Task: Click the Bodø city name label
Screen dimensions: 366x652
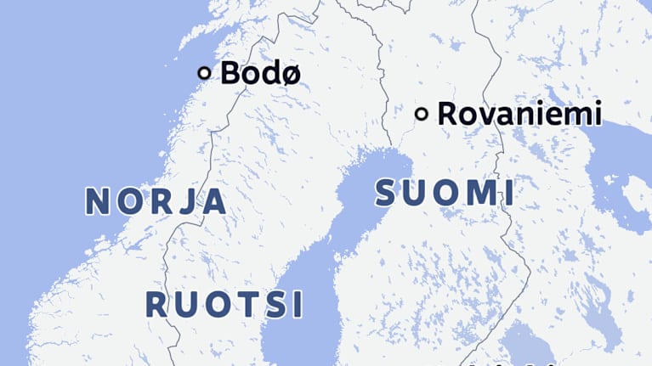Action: pyautogui.click(x=260, y=73)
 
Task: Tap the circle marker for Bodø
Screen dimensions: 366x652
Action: pyautogui.click(x=204, y=73)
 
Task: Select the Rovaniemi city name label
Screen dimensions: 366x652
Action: pyautogui.click(x=519, y=114)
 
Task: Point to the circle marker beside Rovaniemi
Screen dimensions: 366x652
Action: pyautogui.click(x=421, y=114)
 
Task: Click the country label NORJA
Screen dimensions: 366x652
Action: pyautogui.click(x=156, y=201)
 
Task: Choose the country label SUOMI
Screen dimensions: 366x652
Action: pyautogui.click(x=444, y=193)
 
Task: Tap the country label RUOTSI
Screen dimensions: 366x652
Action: pyautogui.click(x=224, y=304)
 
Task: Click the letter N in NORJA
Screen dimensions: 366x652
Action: pyautogui.click(x=99, y=201)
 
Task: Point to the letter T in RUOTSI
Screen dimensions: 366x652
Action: pyautogui.click(x=248, y=304)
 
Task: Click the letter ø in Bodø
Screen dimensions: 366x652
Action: pyautogui.click(x=290, y=74)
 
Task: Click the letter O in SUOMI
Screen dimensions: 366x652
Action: pyautogui.click(x=441, y=193)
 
